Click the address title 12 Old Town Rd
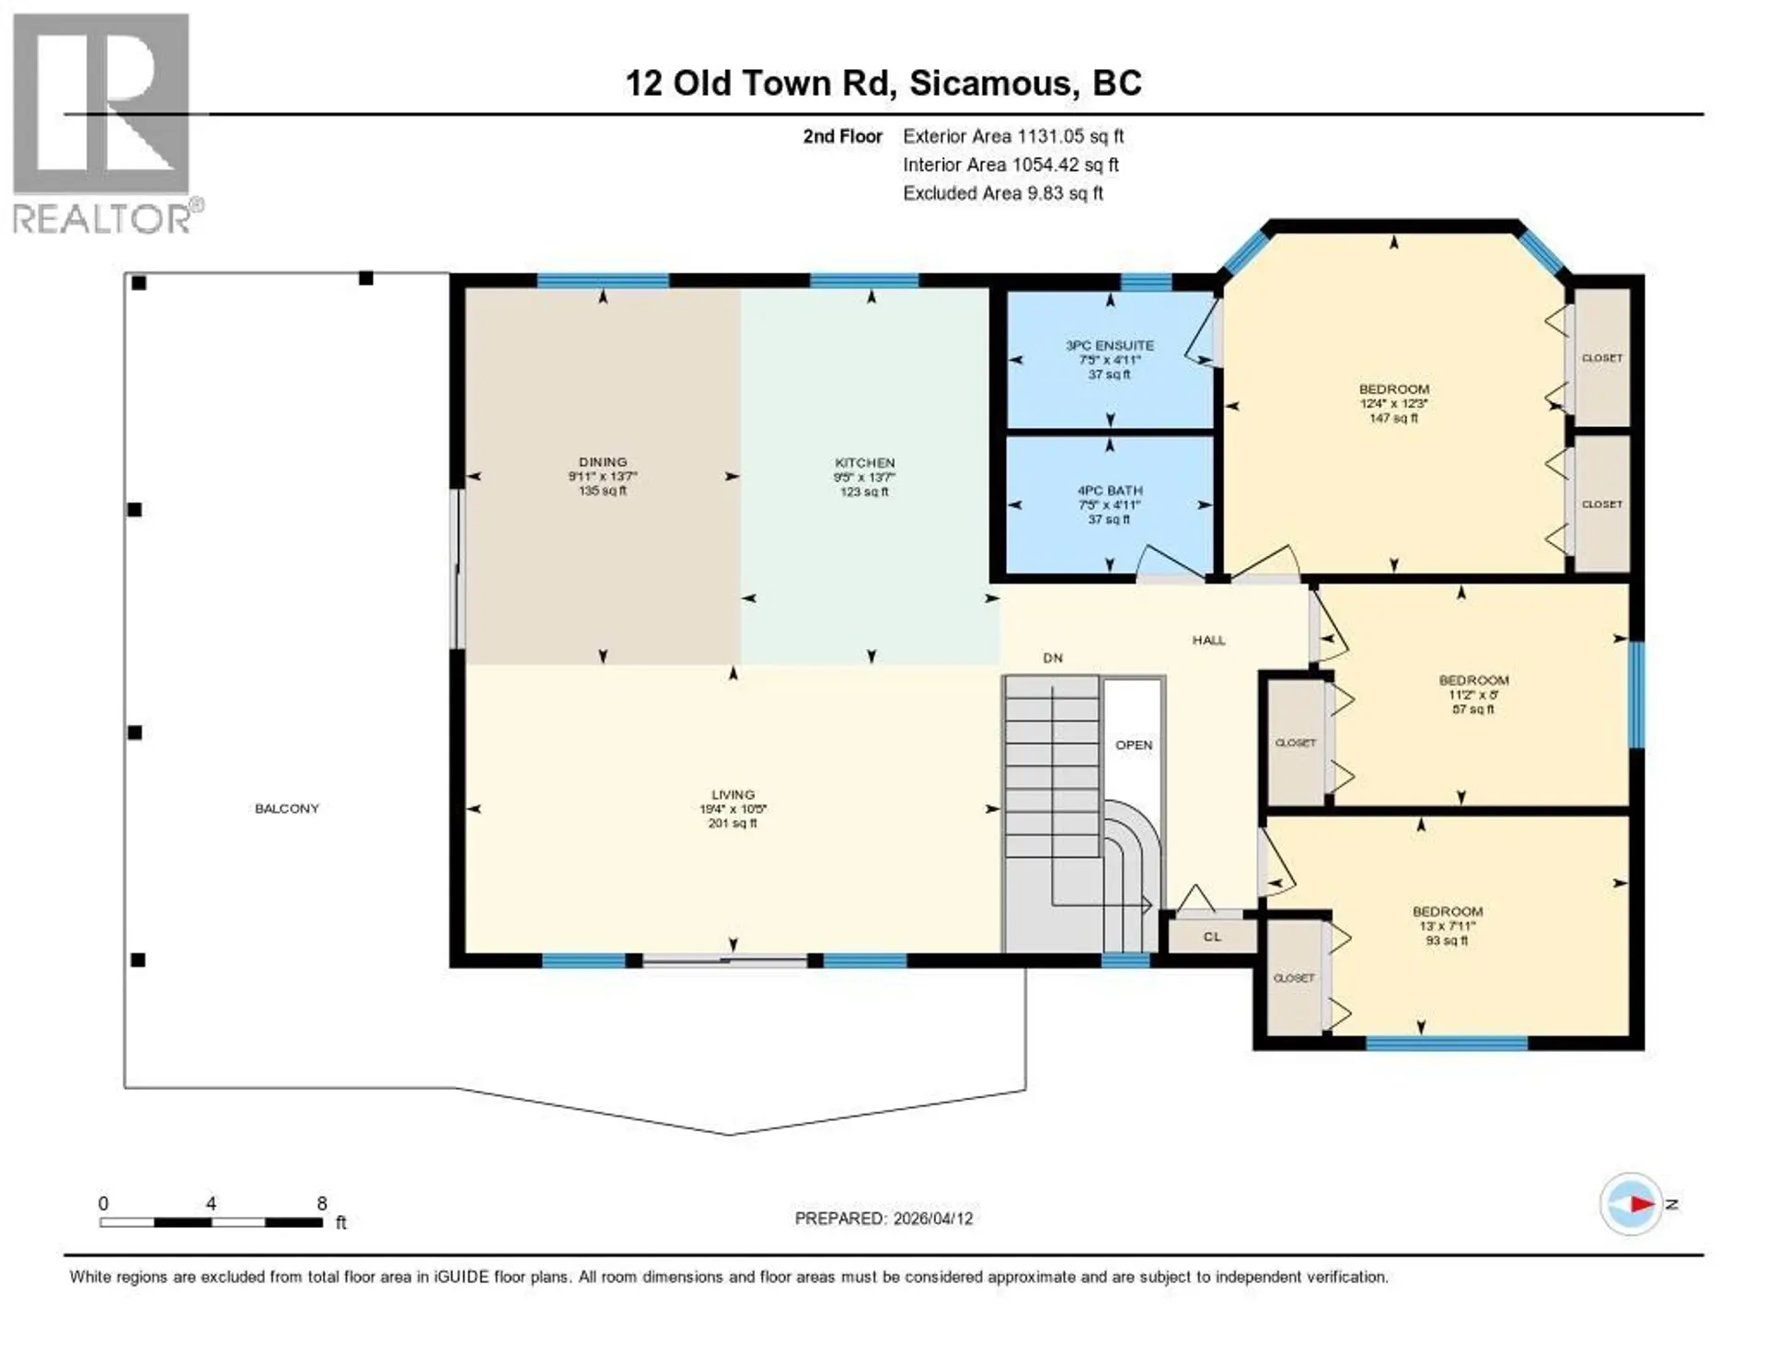coord(883,83)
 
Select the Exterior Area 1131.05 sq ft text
coord(1012,136)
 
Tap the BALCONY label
coord(286,808)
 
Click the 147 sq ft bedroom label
coord(1393,403)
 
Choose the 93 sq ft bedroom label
coord(1447,925)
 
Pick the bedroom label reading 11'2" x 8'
coord(1472,695)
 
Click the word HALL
coord(1208,641)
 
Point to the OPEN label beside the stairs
coord(1133,746)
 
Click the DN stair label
coord(1053,658)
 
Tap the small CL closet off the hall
coord(1212,937)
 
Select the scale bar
coord(211,1222)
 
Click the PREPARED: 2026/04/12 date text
coord(883,1219)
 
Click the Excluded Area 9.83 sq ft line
coord(1002,193)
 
